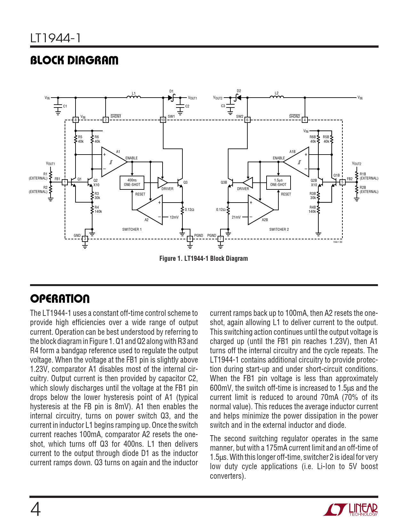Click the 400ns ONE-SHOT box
point(132,182)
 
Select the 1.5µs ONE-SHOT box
point(278,182)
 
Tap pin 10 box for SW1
point(163,120)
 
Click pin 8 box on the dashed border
point(76,120)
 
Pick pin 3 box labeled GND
point(85,239)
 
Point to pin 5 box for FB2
point(342,182)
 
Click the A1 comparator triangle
point(113,162)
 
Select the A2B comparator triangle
point(260,210)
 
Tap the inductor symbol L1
point(134,97)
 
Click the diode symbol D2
point(238,97)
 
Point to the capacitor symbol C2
point(180,106)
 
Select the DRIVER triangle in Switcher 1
point(162,182)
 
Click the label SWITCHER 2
point(279,229)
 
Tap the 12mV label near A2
point(174,217)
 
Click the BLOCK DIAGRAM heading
point(74,60)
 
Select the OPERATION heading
point(60,299)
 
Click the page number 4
point(36,509)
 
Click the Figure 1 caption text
point(204,259)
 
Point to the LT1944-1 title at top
point(55,38)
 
